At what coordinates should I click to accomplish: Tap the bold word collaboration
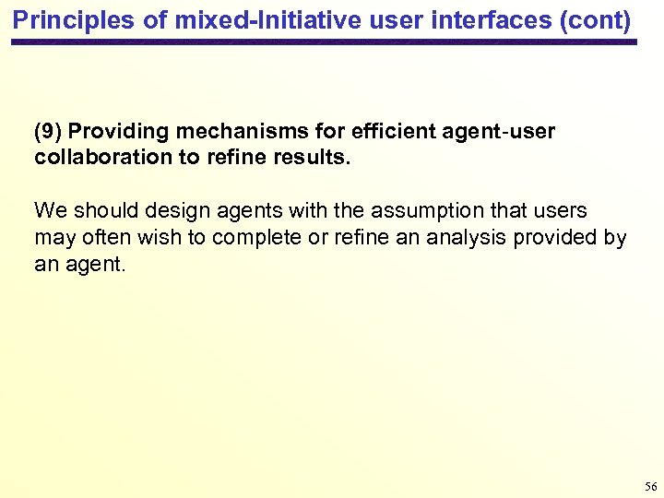click(x=103, y=158)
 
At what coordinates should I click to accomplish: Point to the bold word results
click(x=312, y=158)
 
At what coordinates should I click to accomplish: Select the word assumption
click(x=397, y=211)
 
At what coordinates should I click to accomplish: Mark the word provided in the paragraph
click(x=559, y=238)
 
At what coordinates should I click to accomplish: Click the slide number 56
click(x=651, y=486)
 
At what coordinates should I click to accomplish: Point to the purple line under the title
click(x=323, y=42)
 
